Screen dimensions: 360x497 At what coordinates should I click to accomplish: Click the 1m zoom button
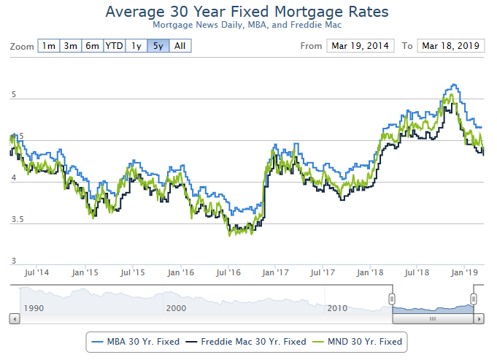pyautogui.click(x=48, y=46)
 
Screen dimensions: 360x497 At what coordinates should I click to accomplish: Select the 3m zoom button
pyautogui.click(x=71, y=46)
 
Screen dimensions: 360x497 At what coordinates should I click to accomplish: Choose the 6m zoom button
pyautogui.click(x=93, y=46)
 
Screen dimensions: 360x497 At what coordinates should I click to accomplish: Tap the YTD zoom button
pyautogui.click(x=115, y=46)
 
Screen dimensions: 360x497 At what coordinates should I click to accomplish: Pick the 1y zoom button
pyautogui.click(x=136, y=46)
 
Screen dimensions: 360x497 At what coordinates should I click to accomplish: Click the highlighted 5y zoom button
pyautogui.click(x=158, y=46)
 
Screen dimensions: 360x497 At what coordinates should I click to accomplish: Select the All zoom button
pyautogui.click(x=180, y=46)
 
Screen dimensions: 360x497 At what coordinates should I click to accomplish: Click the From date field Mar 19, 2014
pyautogui.click(x=361, y=46)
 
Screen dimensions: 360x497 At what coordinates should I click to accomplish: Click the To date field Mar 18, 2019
pyautogui.click(x=450, y=46)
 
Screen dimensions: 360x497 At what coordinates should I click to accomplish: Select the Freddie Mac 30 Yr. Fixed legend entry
pyautogui.click(x=246, y=341)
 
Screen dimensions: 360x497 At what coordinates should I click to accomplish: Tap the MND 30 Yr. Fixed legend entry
pyautogui.click(x=358, y=341)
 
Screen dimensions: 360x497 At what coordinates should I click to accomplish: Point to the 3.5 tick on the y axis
pyautogui.click(x=19, y=220)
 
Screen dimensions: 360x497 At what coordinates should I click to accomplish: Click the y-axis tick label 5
pyautogui.click(x=13, y=96)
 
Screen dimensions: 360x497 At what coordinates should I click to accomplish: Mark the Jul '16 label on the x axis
pyautogui.click(x=228, y=272)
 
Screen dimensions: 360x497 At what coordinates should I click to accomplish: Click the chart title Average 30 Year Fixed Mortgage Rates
pyautogui.click(x=247, y=12)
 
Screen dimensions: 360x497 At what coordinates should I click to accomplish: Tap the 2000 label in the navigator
pyautogui.click(x=176, y=308)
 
